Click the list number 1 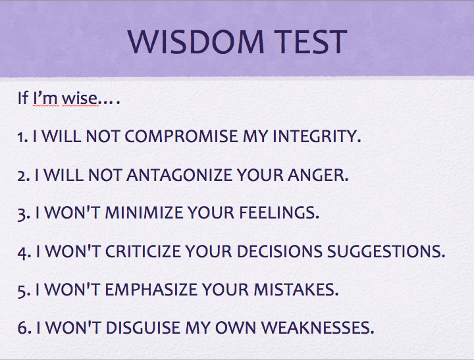(x=21, y=138)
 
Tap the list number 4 (x=21, y=251)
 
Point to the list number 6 (x=21, y=327)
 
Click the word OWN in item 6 (x=243, y=327)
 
